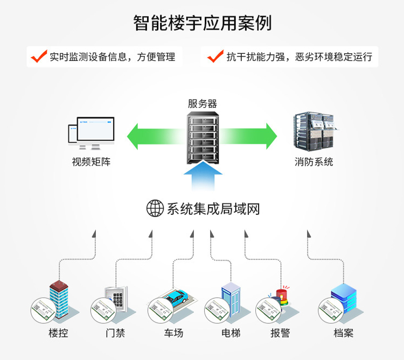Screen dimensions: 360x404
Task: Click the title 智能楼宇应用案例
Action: tap(202, 23)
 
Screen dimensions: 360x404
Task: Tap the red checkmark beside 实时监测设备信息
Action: tap(39, 56)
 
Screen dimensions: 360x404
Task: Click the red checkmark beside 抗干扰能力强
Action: tap(215, 56)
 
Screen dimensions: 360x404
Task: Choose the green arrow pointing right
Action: tap(250, 136)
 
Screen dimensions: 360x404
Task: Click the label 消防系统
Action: tap(314, 161)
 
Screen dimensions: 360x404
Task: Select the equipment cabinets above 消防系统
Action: tap(315, 132)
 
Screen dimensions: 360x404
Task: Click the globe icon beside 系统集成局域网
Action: tap(155, 208)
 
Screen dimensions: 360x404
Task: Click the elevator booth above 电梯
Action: tap(231, 299)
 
